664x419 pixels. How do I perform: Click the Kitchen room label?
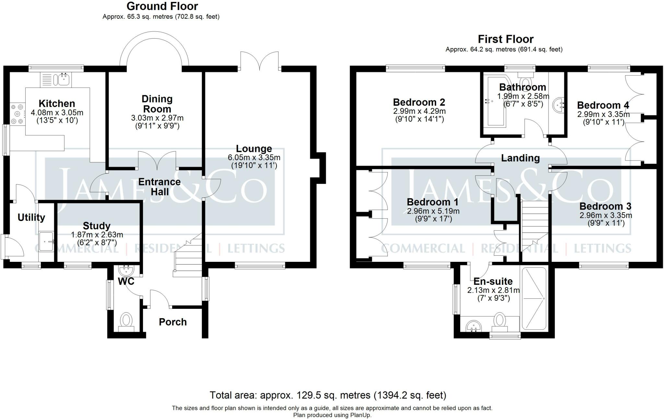pyautogui.click(x=57, y=104)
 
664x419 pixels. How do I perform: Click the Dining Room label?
pyautogui.click(x=157, y=104)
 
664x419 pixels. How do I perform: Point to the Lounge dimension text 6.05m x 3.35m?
pyautogui.click(x=254, y=158)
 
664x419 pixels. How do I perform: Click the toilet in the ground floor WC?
pyautogui.click(x=126, y=322)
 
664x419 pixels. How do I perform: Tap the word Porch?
pyautogui.click(x=173, y=322)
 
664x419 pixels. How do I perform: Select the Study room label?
pyautogui.click(x=97, y=226)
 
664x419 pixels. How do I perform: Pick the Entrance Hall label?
pyautogui.click(x=159, y=187)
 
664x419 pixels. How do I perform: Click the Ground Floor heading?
pyautogui.click(x=162, y=6)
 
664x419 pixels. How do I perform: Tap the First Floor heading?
pyautogui.click(x=505, y=39)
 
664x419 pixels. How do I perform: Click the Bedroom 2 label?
pyautogui.click(x=419, y=102)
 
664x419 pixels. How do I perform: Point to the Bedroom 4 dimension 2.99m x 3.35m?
pyautogui.click(x=603, y=114)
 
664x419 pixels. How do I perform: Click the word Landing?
pyautogui.click(x=520, y=158)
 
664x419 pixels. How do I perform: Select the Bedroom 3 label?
pyautogui.click(x=605, y=206)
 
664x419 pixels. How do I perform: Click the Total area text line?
pyautogui.click(x=328, y=395)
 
